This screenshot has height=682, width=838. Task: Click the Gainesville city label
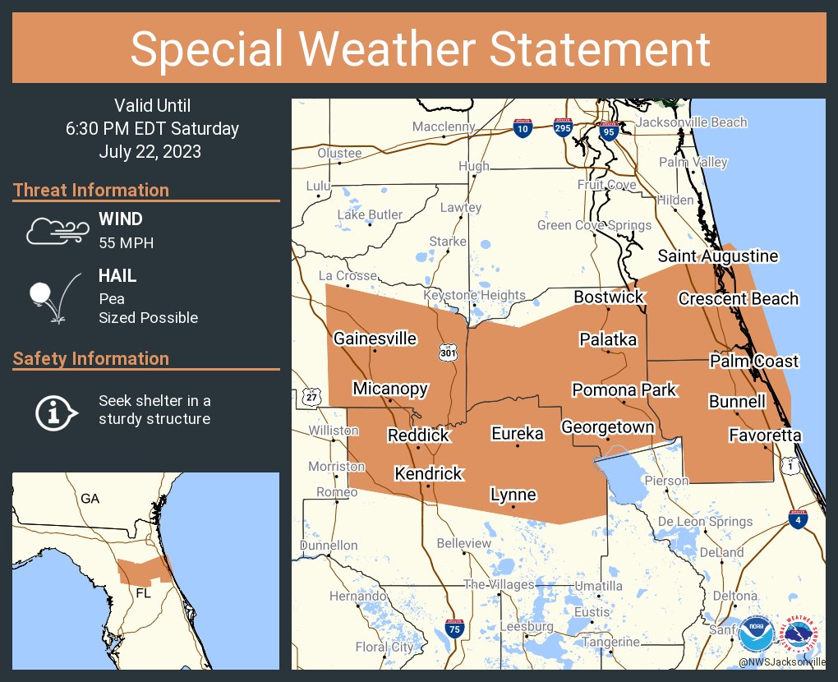[x=375, y=339]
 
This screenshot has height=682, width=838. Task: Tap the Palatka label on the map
[x=608, y=339]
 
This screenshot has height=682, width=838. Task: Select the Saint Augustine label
[x=717, y=256]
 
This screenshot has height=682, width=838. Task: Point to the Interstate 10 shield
[x=523, y=128]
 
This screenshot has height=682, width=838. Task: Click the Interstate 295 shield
[x=562, y=128]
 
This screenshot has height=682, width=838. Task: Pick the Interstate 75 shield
[x=453, y=628]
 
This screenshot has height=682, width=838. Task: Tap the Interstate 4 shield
[x=798, y=518]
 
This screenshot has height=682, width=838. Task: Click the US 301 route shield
[x=448, y=353]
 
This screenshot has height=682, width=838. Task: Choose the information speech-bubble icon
[x=56, y=411]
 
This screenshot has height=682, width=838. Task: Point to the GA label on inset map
[x=90, y=499]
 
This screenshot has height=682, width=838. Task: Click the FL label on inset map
[x=143, y=592]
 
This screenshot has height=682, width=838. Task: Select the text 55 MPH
[x=126, y=243]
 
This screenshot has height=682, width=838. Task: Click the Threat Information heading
[x=91, y=190]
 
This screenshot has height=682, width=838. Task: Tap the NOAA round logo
[x=756, y=634]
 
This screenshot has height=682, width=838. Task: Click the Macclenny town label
[x=444, y=127]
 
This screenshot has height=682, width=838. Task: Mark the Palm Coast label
[x=754, y=362]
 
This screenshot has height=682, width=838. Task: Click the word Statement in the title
[x=600, y=48]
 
